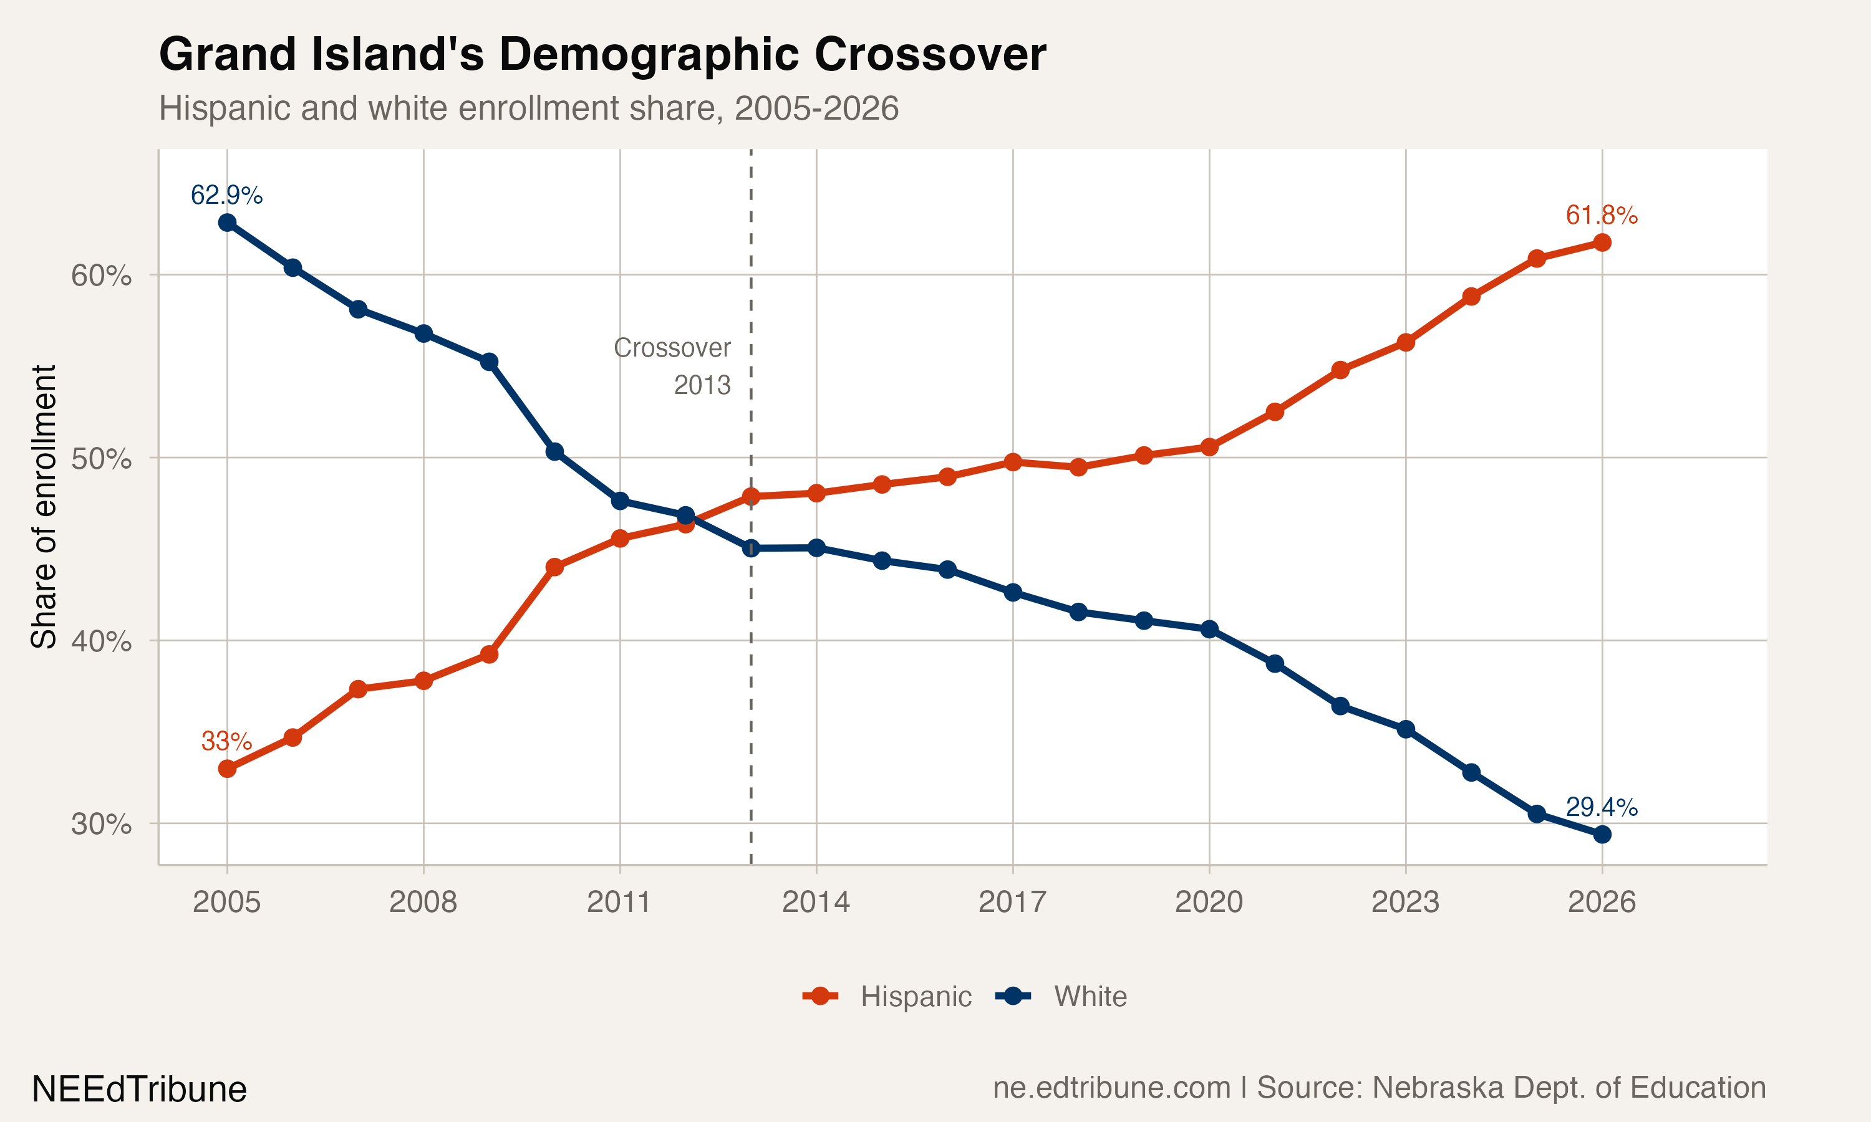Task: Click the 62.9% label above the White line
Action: coord(226,195)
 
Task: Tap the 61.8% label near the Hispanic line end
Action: coord(1601,216)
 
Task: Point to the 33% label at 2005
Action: coord(226,741)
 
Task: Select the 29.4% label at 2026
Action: coord(1601,807)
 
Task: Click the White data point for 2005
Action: coord(227,223)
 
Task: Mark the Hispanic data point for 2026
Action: coord(1602,242)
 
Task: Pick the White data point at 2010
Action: coord(554,451)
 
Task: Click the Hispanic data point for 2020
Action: coord(1209,447)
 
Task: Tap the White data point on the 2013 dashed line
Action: coord(751,548)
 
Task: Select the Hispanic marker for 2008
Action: coord(423,681)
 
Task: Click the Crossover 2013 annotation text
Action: coord(672,366)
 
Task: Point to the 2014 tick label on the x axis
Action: coord(816,902)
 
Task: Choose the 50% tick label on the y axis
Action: coord(101,459)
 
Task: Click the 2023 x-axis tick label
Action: coord(1405,902)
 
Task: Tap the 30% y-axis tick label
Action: coord(101,824)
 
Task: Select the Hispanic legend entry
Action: coord(888,997)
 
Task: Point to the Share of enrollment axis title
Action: coord(44,507)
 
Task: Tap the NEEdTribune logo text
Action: coord(139,1089)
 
